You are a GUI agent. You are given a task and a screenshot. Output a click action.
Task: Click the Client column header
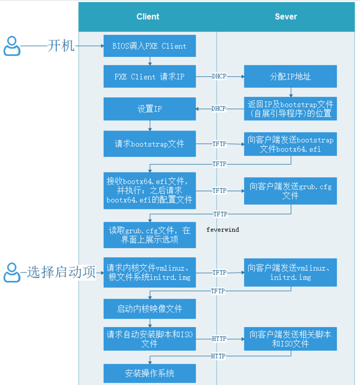point(147,17)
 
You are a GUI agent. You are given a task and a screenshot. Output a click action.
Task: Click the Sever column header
point(286,17)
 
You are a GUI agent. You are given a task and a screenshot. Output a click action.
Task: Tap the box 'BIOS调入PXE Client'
point(149,46)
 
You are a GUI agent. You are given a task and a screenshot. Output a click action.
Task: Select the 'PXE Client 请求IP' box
point(149,77)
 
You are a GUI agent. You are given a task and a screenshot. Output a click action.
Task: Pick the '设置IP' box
point(149,109)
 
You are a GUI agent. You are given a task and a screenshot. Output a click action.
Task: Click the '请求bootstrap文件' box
point(149,143)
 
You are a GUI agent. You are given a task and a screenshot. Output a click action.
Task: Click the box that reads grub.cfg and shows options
point(149,235)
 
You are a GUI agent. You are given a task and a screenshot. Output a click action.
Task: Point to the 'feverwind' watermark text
point(223,230)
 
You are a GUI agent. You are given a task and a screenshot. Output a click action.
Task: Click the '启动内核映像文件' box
point(149,309)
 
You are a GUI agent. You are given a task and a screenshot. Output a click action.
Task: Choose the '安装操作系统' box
point(149,373)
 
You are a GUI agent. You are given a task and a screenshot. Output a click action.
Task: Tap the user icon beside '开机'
point(12,46)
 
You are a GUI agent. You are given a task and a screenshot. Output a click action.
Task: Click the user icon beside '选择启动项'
point(12,272)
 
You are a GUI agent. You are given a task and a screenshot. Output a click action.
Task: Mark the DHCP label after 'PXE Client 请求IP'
point(219,77)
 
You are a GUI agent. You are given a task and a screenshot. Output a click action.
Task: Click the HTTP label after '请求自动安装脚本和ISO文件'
point(219,339)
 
